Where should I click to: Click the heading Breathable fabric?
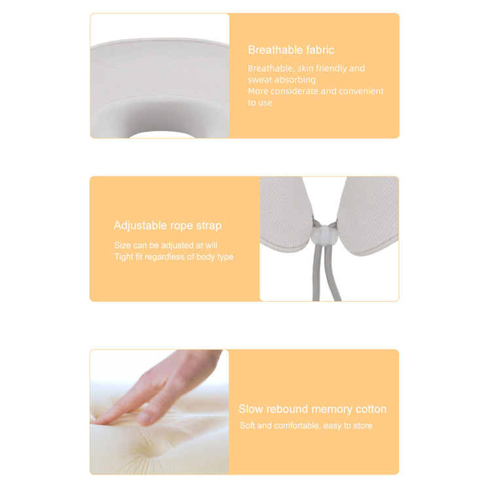[x=291, y=50]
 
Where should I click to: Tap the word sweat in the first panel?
[x=258, y=80]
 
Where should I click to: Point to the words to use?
[x=260, y=103]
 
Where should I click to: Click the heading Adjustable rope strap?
[x=168, y=226]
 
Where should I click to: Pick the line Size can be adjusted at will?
[x=166, y=245]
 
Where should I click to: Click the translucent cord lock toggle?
[x=325, y=234]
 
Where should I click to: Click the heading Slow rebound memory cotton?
[x=312, y=409]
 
